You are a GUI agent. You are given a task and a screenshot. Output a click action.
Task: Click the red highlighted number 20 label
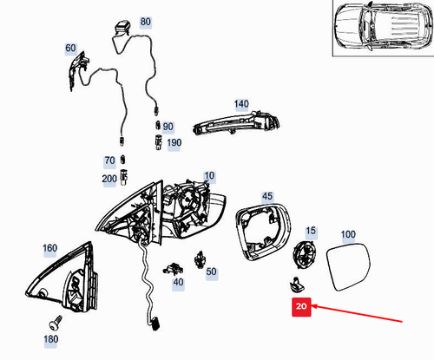pos(301,306)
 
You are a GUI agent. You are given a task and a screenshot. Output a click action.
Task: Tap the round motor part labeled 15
pos(305,254)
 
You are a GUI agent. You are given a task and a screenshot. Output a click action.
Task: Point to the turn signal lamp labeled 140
pos(236,122)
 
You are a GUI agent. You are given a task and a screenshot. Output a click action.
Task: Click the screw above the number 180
pos(56,323)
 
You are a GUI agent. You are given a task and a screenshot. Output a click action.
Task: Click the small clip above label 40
pos(173,269)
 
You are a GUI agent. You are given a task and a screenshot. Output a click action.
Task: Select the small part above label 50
pos(200,259)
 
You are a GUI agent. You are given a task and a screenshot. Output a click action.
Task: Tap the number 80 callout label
pos(145,22)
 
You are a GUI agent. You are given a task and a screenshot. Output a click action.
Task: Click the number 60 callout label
pos(70,48)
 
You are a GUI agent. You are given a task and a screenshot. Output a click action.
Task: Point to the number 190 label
pos(174,143)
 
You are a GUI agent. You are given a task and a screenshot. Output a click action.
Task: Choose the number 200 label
pos(109,179)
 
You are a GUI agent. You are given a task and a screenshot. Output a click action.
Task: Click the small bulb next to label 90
pos(158,125)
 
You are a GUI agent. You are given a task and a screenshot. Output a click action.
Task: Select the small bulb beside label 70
pos(123,160)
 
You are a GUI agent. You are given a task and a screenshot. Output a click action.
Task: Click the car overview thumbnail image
pos(384,28)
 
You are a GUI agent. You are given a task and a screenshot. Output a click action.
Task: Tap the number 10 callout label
pos(209,176)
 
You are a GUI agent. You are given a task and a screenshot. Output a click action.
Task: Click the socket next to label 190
pos(159,142)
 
